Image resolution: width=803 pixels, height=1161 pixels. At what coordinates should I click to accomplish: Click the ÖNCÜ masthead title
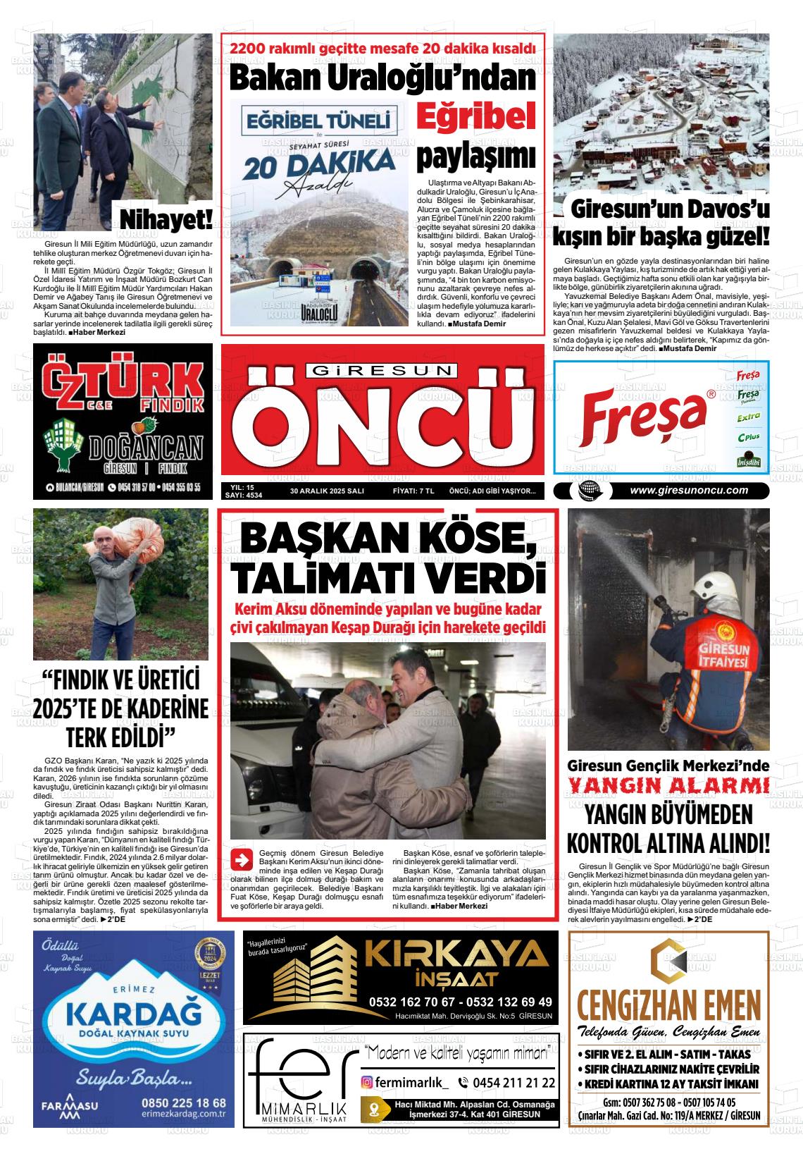(x=384, y=424)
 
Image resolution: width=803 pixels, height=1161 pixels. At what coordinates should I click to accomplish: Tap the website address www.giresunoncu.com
(x=688, y=491)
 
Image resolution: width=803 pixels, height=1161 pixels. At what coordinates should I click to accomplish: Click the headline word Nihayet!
(x=166, y=219)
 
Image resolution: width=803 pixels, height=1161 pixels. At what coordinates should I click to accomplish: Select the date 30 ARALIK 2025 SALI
(x=327, y=491)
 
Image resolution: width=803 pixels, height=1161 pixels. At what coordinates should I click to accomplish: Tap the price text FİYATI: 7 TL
(x=413, y=491)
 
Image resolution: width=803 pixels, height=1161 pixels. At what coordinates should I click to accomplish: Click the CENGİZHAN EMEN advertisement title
(x=668, y=1002)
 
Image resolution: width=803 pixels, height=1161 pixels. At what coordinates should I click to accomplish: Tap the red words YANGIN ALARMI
(x=668, y=785)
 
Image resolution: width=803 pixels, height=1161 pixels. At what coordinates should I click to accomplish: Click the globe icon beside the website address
(x=586, y=491)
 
